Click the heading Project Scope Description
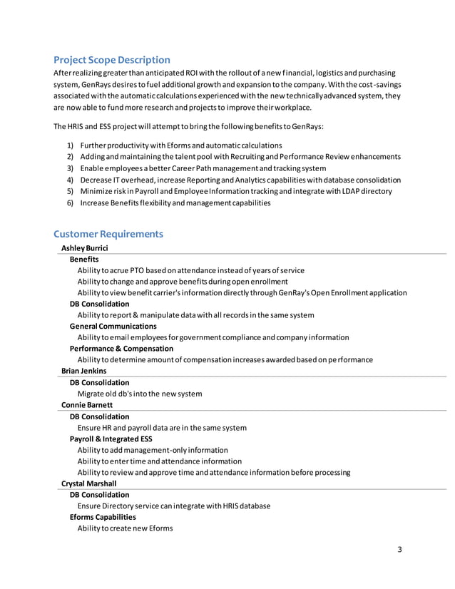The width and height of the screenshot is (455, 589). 112,60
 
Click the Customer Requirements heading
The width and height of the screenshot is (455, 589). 108,234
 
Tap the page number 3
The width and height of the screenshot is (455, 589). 400,549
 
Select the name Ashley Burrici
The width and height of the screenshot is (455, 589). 85,248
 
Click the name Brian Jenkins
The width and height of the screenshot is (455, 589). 84,371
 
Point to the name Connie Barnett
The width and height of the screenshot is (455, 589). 87,405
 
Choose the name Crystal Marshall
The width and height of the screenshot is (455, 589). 89,483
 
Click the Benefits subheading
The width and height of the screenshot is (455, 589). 84,260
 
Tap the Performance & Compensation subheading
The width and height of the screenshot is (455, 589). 121,349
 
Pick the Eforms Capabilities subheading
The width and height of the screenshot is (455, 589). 103,517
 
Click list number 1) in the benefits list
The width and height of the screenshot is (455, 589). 70,145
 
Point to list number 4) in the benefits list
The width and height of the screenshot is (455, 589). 70,180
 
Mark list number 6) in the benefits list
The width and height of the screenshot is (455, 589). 70,203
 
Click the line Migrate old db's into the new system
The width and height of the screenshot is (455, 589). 140,394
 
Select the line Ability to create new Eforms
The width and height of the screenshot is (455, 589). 125,528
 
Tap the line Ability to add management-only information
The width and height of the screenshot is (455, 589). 153,450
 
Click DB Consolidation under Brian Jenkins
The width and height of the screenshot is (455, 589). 99,382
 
